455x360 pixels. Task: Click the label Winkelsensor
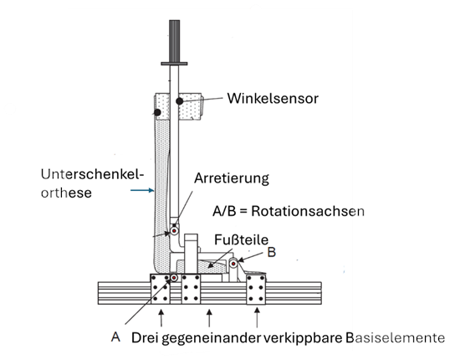273,99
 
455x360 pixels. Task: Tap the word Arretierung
232,178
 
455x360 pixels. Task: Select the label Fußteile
242,240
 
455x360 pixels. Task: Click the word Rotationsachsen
308,211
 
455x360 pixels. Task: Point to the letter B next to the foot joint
271,252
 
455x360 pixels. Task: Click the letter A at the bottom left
115,337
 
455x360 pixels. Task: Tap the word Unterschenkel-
92,175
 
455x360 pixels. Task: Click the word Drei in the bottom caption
145,338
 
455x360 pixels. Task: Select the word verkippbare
303,338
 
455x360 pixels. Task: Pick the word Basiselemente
395,338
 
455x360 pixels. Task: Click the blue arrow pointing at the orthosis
142,190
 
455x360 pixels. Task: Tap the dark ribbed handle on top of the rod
174,41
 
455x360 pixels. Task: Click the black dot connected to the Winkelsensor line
180,101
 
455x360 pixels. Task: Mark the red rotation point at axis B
233,264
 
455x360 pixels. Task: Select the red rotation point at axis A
174,278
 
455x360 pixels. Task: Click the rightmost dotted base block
256,290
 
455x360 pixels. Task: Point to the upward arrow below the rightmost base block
257,317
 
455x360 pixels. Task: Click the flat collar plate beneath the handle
174,64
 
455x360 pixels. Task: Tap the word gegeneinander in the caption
211,338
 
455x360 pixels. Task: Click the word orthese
66,193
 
